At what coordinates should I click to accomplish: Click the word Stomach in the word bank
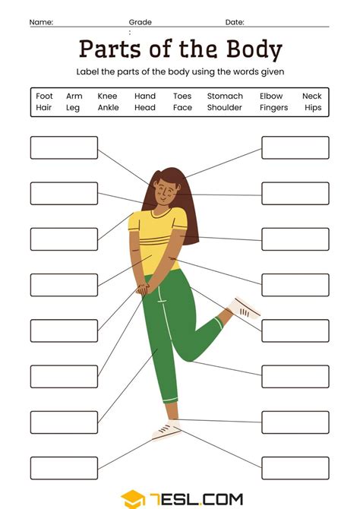pos(225,96)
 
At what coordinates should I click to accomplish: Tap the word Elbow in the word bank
pos(271,96)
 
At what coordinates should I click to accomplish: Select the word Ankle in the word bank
pos(108,108)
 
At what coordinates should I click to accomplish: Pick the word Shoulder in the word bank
pos(225,108)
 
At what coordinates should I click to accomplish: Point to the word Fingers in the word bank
pos(273,108)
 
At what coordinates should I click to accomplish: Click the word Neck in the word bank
pos(311,96)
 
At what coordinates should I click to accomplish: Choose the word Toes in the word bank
pos(182,96)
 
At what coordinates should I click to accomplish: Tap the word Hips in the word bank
pos(312,108)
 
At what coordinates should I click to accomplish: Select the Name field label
pos(41,23)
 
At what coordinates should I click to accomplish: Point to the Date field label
pos(235,23)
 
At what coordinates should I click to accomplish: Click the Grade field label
pos(140,23)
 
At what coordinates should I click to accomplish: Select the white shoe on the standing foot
pos(166,431)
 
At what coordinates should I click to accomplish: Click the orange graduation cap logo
pos(133,499)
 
